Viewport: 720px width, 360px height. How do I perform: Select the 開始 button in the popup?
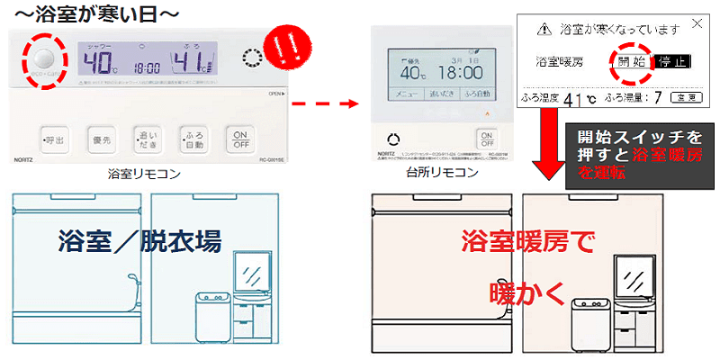point(632,63)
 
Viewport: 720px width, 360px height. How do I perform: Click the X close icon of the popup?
point(696,25)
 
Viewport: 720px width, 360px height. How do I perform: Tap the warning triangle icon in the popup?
point(544,29)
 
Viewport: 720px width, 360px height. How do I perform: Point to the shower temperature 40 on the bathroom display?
point(98,63)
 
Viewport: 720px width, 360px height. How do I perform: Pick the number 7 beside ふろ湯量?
point(661,95)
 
